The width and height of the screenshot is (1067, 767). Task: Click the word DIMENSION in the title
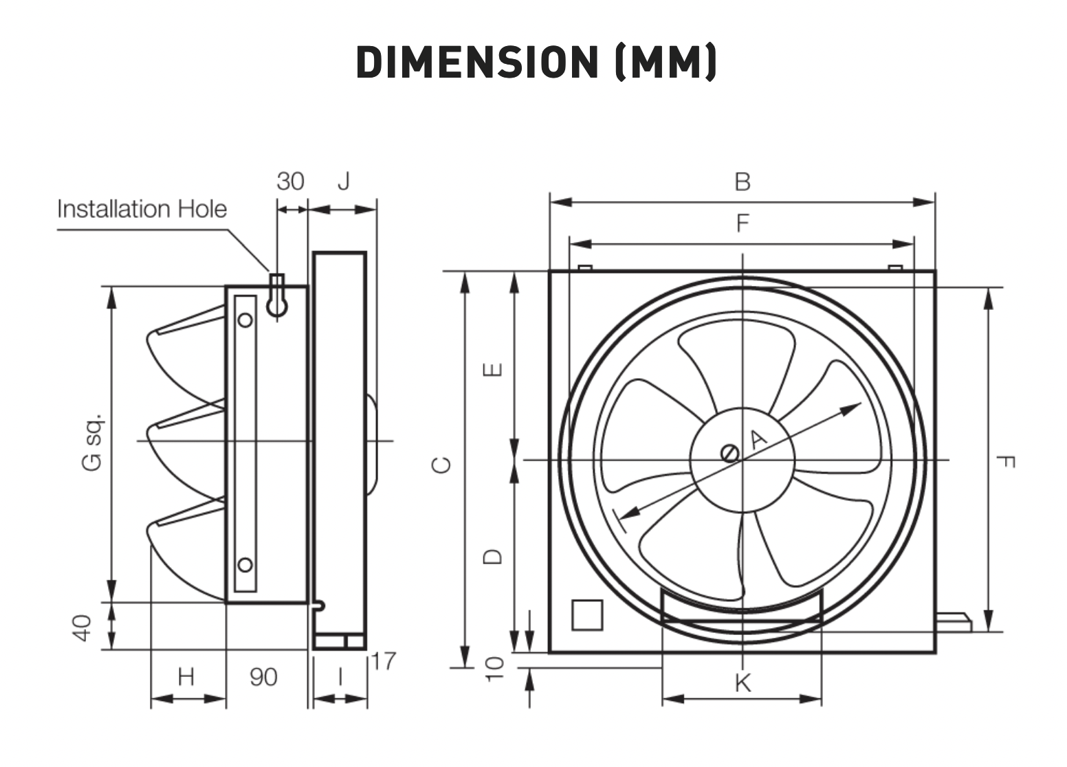[x=477, y=62]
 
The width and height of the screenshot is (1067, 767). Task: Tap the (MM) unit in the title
[x=666, y=62]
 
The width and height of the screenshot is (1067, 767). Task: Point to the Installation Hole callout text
[x=142, y=209]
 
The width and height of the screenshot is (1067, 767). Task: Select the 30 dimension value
[x=290, y=181]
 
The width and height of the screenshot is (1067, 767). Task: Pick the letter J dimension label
[x=344, y=181]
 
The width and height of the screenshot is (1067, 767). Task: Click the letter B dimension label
[x=742, y=182]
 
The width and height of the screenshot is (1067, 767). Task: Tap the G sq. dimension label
[x=92, y=443]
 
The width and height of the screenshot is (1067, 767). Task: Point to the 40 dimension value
[x=82, y=628]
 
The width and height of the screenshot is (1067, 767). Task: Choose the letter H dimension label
[x=186, y=676]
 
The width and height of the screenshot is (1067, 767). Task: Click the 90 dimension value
[x=263, y=677]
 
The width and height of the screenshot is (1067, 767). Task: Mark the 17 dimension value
[x=384, y=661]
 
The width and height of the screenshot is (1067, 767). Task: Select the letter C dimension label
[x=441, y=465]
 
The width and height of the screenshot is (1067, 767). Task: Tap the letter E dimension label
[x=492, y=370]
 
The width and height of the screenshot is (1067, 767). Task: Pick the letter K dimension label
[x=743, y=683]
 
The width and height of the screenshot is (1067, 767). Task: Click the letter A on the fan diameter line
[x=759, y=438]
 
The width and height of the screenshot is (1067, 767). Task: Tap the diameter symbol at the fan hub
[x=729, y=453]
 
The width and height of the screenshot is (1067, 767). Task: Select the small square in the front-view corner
[x=587, y=614]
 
